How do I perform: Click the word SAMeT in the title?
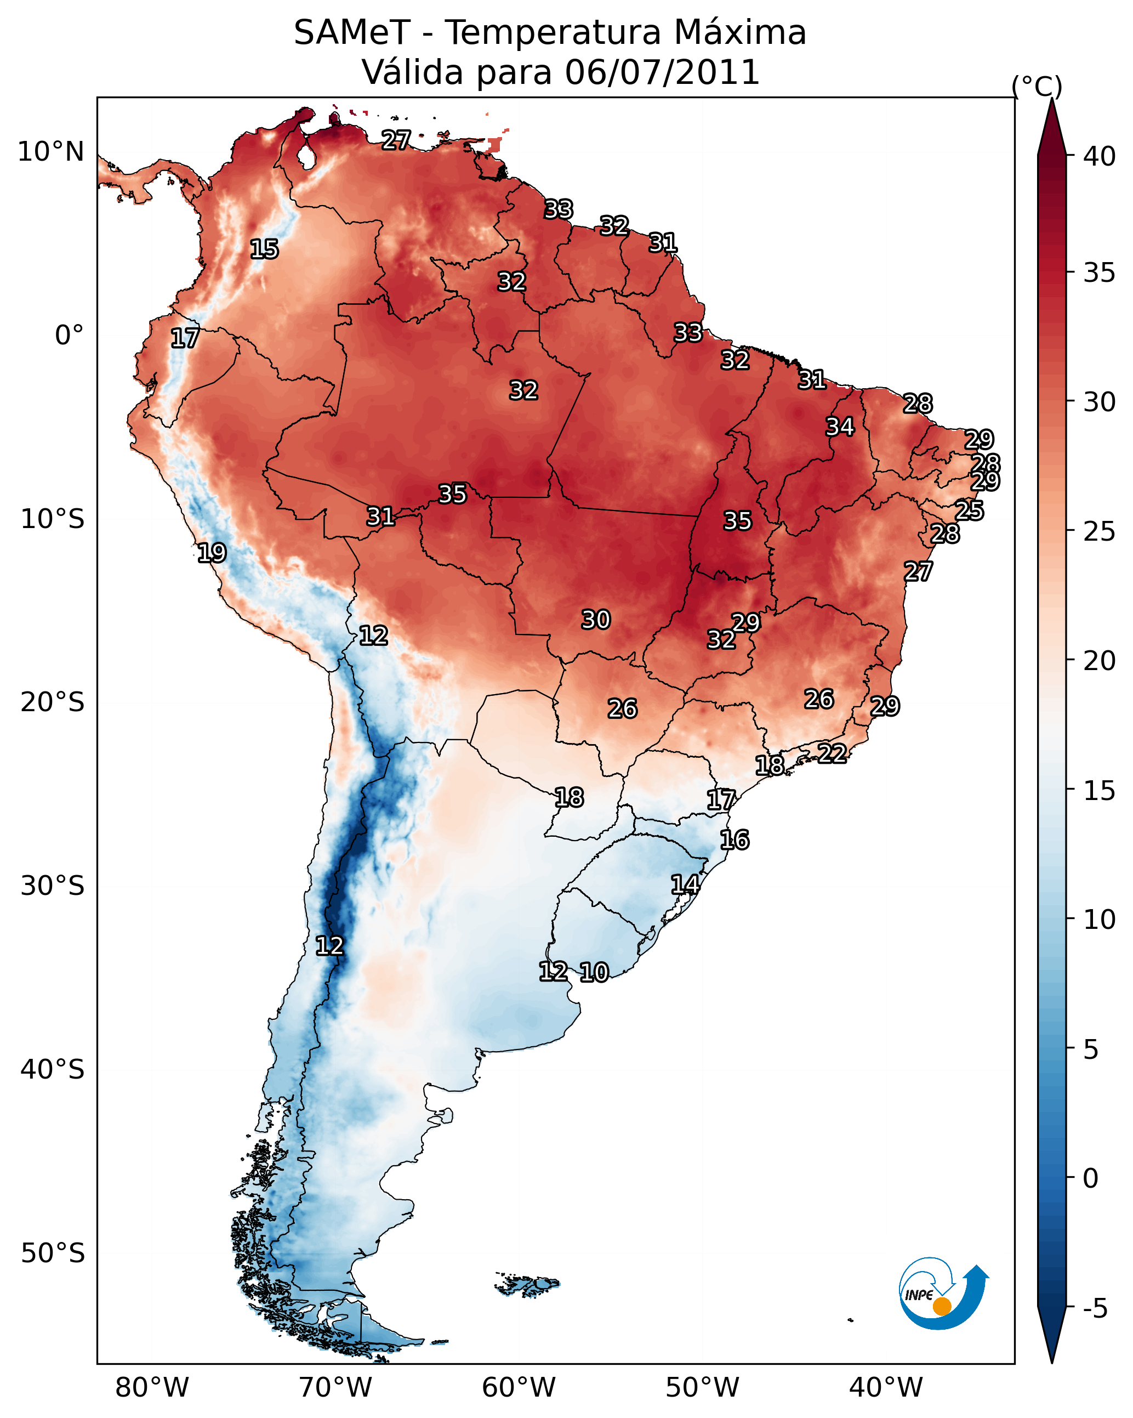pos(352,33)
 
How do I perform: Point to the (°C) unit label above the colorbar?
pos(1037,86)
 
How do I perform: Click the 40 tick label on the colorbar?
pos(1100,156)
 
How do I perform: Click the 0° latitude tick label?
pos(69,336)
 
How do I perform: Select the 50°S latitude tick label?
pos(53,1253)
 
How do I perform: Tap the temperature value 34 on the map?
pos(840,427)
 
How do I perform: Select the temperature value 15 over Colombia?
pos(264,249)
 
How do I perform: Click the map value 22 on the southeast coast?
pos(832,753)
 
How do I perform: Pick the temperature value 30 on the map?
pos(596,620)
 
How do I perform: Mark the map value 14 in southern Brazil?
pos(685,884)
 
